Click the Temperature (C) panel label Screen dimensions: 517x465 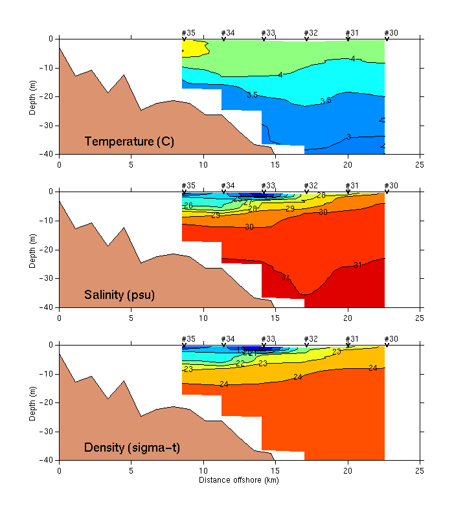(129, 142)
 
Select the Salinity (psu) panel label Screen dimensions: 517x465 (123, 295)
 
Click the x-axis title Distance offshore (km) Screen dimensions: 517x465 (240, 479)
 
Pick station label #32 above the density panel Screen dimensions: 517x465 (311, 339)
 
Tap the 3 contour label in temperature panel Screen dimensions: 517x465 (348, 137)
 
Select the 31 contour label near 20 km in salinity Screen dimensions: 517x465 (357, 265)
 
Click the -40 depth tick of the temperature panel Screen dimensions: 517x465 (48, 154)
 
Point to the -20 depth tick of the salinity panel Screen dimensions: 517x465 (48, 250)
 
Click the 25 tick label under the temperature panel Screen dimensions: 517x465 (420, 164)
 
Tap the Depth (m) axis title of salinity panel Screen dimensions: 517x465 (33, 249)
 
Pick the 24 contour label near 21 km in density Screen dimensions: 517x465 (372, 368)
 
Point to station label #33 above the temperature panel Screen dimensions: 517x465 (267, 32)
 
